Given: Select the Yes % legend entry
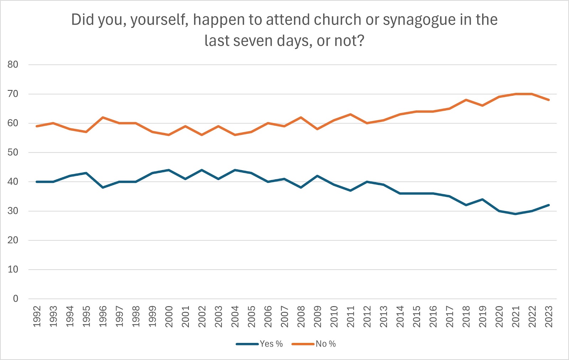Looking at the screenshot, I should (271, 344).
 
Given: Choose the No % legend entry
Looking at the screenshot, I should (325, 344).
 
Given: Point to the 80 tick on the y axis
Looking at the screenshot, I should (13, 65).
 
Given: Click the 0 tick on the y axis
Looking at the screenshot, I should (15, 299).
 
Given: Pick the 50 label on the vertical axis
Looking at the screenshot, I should (13, 153).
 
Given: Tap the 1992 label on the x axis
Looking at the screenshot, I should (37, 316).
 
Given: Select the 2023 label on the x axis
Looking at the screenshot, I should (549, 316).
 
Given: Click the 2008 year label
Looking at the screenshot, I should (301, 316).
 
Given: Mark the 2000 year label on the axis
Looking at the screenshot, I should (169, 316).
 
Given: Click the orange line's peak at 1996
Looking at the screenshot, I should (103, 117).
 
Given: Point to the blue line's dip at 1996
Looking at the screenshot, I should (103, 187).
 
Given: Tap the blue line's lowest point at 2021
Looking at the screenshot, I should (516, 214).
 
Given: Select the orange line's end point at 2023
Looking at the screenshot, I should (549, 100).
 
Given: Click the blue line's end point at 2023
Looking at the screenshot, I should (549, 205).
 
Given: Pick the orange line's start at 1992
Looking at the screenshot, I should (37, 126).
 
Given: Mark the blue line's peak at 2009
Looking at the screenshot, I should (318, 176).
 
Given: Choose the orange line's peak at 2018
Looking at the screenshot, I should (466, 100).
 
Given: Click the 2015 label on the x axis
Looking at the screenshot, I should (416, 316).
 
